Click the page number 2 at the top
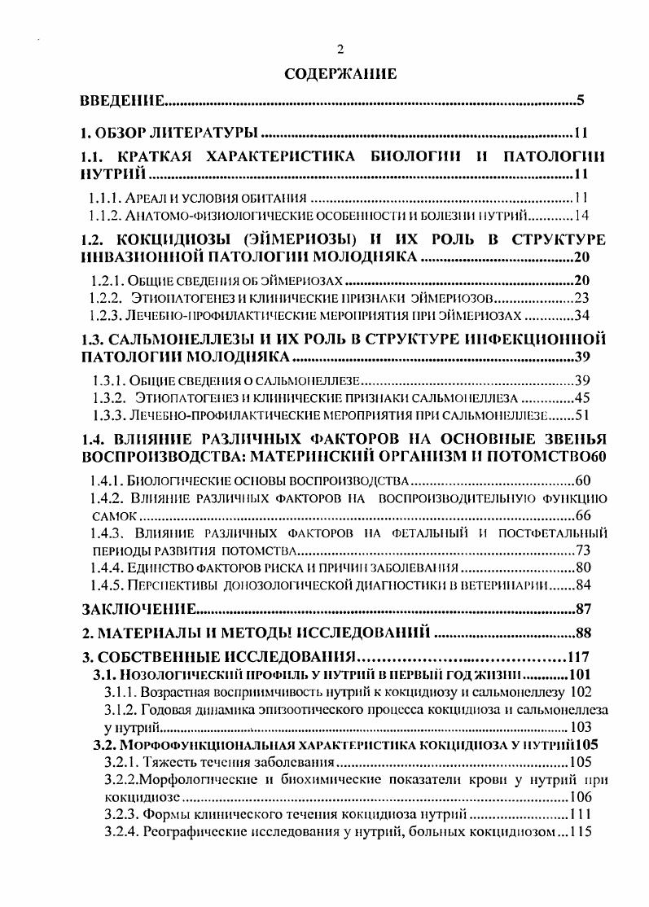tap(340, 49)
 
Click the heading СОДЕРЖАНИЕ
tap(340, 73)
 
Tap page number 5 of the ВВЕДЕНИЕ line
tap(581, 102)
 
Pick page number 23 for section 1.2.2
tap(586, 298)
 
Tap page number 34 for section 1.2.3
tap(586, 316)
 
